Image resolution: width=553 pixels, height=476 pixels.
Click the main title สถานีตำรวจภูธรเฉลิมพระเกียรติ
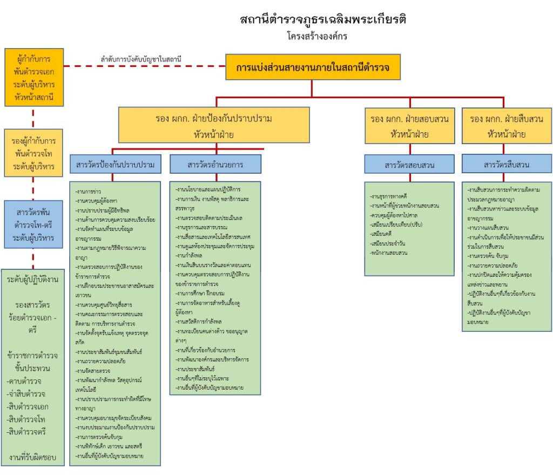[x=323, y=21]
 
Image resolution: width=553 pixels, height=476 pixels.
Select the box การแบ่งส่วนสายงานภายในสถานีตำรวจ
[x=313, y=67]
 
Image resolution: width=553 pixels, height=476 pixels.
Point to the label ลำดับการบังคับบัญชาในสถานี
[x=140, y=59]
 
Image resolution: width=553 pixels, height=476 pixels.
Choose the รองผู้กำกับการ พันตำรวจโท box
[x=33, y=153]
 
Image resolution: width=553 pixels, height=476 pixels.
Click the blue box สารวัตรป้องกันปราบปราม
[x=116, y=165]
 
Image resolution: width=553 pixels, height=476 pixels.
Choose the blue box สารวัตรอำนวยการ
[x=215, y=165]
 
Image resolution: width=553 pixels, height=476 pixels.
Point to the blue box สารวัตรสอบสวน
[x=409, y=165]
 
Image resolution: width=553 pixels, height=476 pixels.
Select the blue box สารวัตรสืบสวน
[x=506, y=165]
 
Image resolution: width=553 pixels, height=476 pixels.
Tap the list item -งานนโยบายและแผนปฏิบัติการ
[x=208, y=189]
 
